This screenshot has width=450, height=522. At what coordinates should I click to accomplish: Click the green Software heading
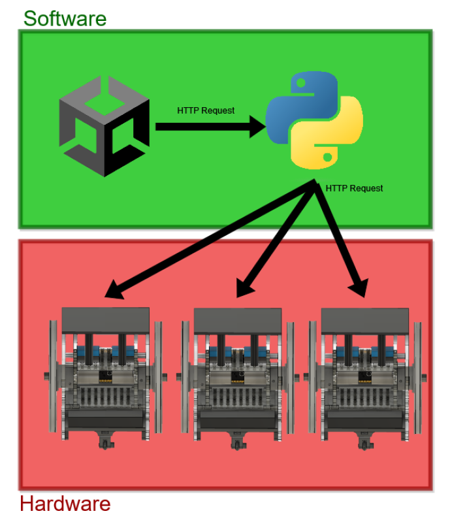pos(65,19)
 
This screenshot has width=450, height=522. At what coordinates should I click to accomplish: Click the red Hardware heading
pos(65,503)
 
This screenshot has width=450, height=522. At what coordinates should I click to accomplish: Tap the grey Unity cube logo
pos(104,126)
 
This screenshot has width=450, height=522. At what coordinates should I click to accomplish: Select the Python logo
pos(314,120)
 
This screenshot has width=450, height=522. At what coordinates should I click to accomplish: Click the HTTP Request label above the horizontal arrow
pos(206,110)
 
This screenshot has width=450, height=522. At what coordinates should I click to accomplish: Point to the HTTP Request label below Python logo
pos(354,188)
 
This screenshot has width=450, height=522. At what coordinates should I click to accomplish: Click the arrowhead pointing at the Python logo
pos(258,127)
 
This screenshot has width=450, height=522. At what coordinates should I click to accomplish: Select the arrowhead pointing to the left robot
pos(115,289)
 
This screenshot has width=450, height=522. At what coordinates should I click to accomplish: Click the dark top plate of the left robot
pos(106,320)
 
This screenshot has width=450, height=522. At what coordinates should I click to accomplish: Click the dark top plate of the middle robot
pos(238,321)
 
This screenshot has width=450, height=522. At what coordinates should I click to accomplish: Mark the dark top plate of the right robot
pos(365,321)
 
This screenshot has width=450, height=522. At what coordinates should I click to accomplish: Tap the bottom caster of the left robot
pos(106,440)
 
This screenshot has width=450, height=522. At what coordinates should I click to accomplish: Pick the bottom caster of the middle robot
pos(237,442)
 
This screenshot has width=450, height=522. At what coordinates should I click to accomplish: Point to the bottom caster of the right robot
pos(365,442)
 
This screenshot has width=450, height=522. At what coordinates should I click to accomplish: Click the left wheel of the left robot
pos(54,376)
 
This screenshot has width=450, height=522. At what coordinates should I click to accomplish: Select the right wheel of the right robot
pos(417,378)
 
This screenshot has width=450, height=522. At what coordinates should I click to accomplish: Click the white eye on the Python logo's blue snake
pos(301,82)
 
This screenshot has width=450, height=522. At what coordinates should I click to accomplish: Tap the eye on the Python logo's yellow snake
pos(327,157)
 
